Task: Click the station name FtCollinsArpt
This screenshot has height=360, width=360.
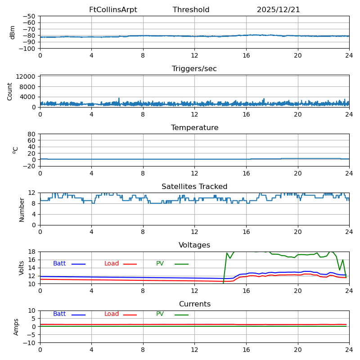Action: (x=113, y=10)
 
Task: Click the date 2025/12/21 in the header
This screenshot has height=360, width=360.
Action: (x=278, y=10)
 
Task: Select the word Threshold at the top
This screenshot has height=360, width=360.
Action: (x=191, y=10)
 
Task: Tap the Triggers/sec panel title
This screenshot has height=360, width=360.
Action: (x=194, y=69)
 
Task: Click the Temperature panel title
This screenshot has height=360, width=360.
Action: (x=194, y=128)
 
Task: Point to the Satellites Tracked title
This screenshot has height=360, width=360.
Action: (x=194, y=187)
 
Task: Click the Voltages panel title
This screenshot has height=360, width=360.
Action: (x=194, y=245)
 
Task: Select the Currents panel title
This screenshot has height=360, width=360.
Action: (x=194, y=304)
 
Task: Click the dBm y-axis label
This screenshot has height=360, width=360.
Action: (x=13, y=32)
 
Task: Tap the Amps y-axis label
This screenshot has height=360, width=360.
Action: (x=16, y=327)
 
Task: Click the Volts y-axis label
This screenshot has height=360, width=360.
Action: (x=22, y=268)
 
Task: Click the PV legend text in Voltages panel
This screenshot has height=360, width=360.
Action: (x=160, y=264)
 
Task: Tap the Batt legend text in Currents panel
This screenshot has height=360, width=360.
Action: (x=59, y=314)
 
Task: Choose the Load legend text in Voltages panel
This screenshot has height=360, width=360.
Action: (x=112, y=264)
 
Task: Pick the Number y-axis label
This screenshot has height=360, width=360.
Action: (x=22, y=209)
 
